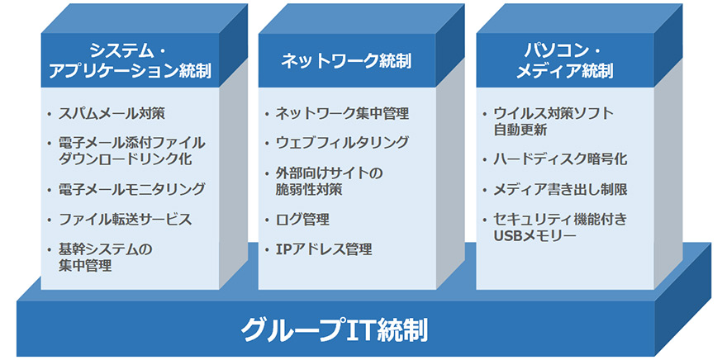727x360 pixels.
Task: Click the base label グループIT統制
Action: (334, 330)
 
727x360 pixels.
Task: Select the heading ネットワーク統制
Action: (346, 62)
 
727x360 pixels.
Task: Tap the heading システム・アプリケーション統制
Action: (130, 61)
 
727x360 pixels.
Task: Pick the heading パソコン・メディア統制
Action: (564, 61)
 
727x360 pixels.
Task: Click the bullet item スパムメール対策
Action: (112, 113)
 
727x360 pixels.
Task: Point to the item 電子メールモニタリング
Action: (131, 189)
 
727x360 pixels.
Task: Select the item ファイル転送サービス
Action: (126, 218)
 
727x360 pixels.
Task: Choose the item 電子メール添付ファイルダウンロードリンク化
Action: (131, 151)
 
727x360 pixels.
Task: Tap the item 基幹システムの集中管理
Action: (105, 258)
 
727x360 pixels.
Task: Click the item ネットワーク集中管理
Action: (343, 113)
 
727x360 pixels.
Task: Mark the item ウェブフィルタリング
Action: (342, 142)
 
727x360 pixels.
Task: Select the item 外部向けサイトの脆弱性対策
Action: (329, 181)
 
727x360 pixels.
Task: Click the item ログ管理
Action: (302, 219)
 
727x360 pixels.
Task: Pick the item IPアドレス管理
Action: (324, 249)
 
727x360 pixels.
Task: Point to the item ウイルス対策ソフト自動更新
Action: (554, 121)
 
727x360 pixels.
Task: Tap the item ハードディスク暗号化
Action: (560, 159)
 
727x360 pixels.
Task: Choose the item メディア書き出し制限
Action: (560, 190)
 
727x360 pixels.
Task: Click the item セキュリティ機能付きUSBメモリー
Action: (560, 227)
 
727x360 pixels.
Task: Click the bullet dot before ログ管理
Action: (267, 219)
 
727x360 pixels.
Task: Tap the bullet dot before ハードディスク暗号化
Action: (484, 159)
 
